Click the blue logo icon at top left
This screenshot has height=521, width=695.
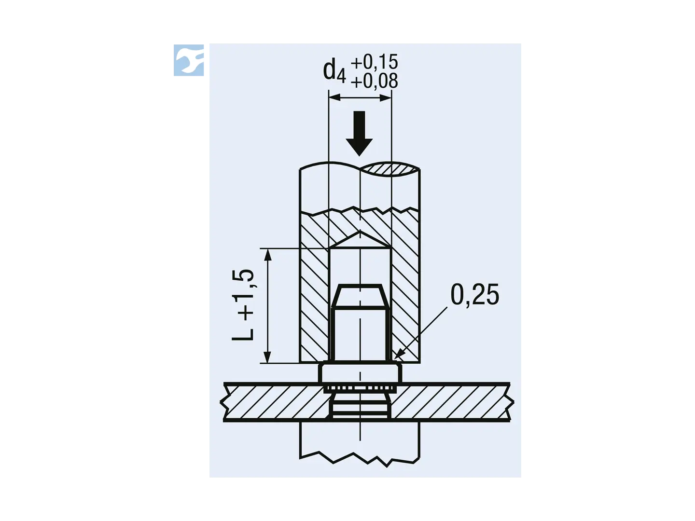click(188, 60)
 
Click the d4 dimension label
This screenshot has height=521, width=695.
click(334, 72)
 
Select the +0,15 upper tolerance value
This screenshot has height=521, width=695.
click(374, 62)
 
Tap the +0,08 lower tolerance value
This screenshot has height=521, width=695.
click(374, 81)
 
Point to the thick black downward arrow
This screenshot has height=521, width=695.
click(359, 133)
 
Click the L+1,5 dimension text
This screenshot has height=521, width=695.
click(243, 305)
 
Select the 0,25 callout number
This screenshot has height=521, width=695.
click(474, 294)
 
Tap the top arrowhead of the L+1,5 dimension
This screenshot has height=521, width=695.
click(268, 255)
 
